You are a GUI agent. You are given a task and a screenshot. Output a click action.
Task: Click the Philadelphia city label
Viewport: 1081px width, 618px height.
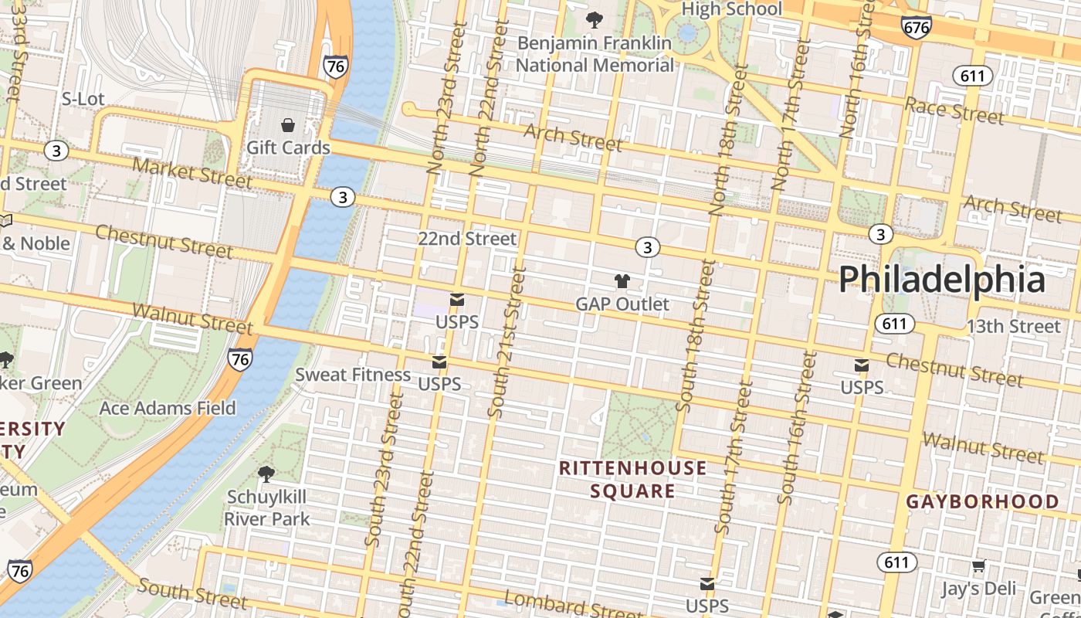tap(942, 279)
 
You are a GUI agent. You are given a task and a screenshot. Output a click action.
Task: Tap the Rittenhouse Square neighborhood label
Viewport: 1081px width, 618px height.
tap(632, 479)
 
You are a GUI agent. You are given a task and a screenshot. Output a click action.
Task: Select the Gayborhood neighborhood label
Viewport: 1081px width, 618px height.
tap(982, 501)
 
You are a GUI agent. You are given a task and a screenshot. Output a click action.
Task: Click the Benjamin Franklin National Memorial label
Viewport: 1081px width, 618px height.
tap(595, 54)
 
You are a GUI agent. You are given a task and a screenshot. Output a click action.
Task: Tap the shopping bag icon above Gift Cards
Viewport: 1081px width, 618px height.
tap(288, 125)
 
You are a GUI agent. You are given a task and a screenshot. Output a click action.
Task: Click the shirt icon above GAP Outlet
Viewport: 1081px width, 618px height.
tap(622, 281)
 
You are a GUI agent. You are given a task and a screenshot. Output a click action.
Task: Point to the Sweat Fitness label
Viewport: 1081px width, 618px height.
tap(353, 375)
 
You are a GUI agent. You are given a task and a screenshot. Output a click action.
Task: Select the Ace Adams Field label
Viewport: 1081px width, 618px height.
tap(168, 408)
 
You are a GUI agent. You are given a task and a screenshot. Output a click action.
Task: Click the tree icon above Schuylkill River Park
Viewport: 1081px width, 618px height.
tap(266, 474)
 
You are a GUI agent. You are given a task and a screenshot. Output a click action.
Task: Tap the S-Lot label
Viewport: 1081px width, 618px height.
tap(83, 99)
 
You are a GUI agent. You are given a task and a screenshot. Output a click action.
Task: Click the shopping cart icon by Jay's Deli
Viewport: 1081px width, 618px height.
tap(978, 566)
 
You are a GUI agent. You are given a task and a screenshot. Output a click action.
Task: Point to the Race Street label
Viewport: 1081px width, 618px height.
tap(954, 110)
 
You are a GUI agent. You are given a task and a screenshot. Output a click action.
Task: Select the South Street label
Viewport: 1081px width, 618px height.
tap(193, 593)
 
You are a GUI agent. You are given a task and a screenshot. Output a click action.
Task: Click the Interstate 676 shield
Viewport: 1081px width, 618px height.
tap(916, 27)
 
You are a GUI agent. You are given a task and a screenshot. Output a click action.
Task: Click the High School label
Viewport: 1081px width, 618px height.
tap(732, 9)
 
